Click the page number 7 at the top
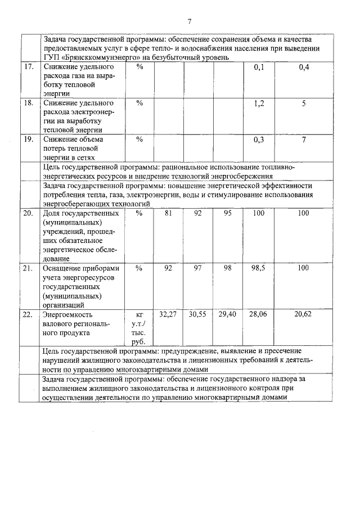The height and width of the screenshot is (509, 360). pos(190,21)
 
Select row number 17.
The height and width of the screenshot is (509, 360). pos(28,67)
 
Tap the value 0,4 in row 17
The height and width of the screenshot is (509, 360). pos(304,67)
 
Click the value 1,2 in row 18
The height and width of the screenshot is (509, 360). pos(259,103)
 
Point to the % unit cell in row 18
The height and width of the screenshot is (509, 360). pos(140,103)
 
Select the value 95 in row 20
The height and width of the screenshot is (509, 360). pos(227,213)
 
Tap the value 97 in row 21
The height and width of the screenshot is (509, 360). pos(197,268)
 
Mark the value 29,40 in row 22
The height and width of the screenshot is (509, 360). pos(227,314)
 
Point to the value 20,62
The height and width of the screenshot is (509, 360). pos(304,314)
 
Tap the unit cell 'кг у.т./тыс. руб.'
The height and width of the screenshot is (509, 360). pos(138,328)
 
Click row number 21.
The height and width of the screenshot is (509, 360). pos(28,269)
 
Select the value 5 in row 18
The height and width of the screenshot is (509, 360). pos(304,103)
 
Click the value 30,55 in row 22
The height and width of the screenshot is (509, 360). pos(197,314)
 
